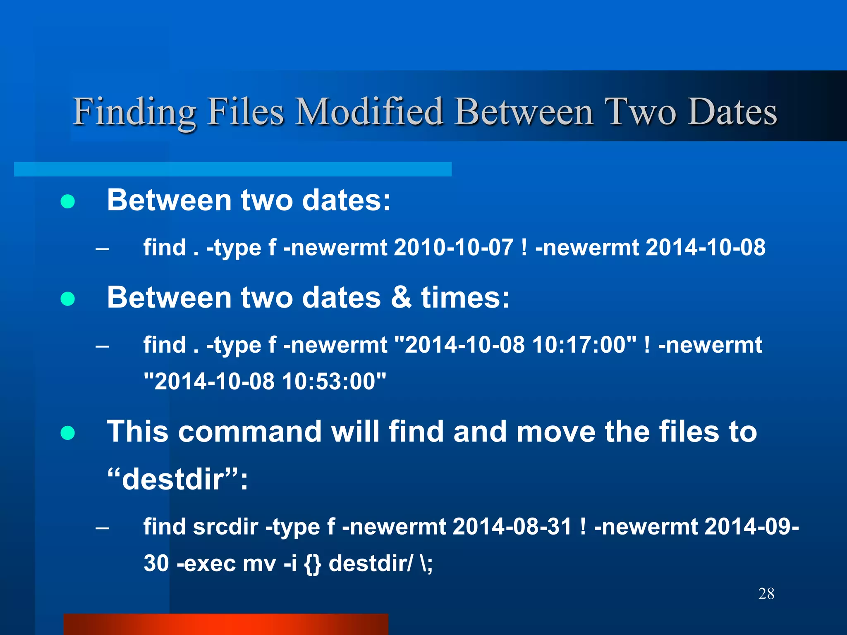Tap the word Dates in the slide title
point(732,112)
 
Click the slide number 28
point(766,594)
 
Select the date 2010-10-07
point(454,248)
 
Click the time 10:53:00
point(329,381)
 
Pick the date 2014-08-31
point(512,527)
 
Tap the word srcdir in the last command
point(225,527)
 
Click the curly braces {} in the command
point(312,563)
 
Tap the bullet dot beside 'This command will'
point(67,433)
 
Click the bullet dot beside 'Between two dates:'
point(67,202)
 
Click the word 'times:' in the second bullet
point(465,297)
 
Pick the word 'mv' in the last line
point(259,563)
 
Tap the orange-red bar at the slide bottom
point(226,624)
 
